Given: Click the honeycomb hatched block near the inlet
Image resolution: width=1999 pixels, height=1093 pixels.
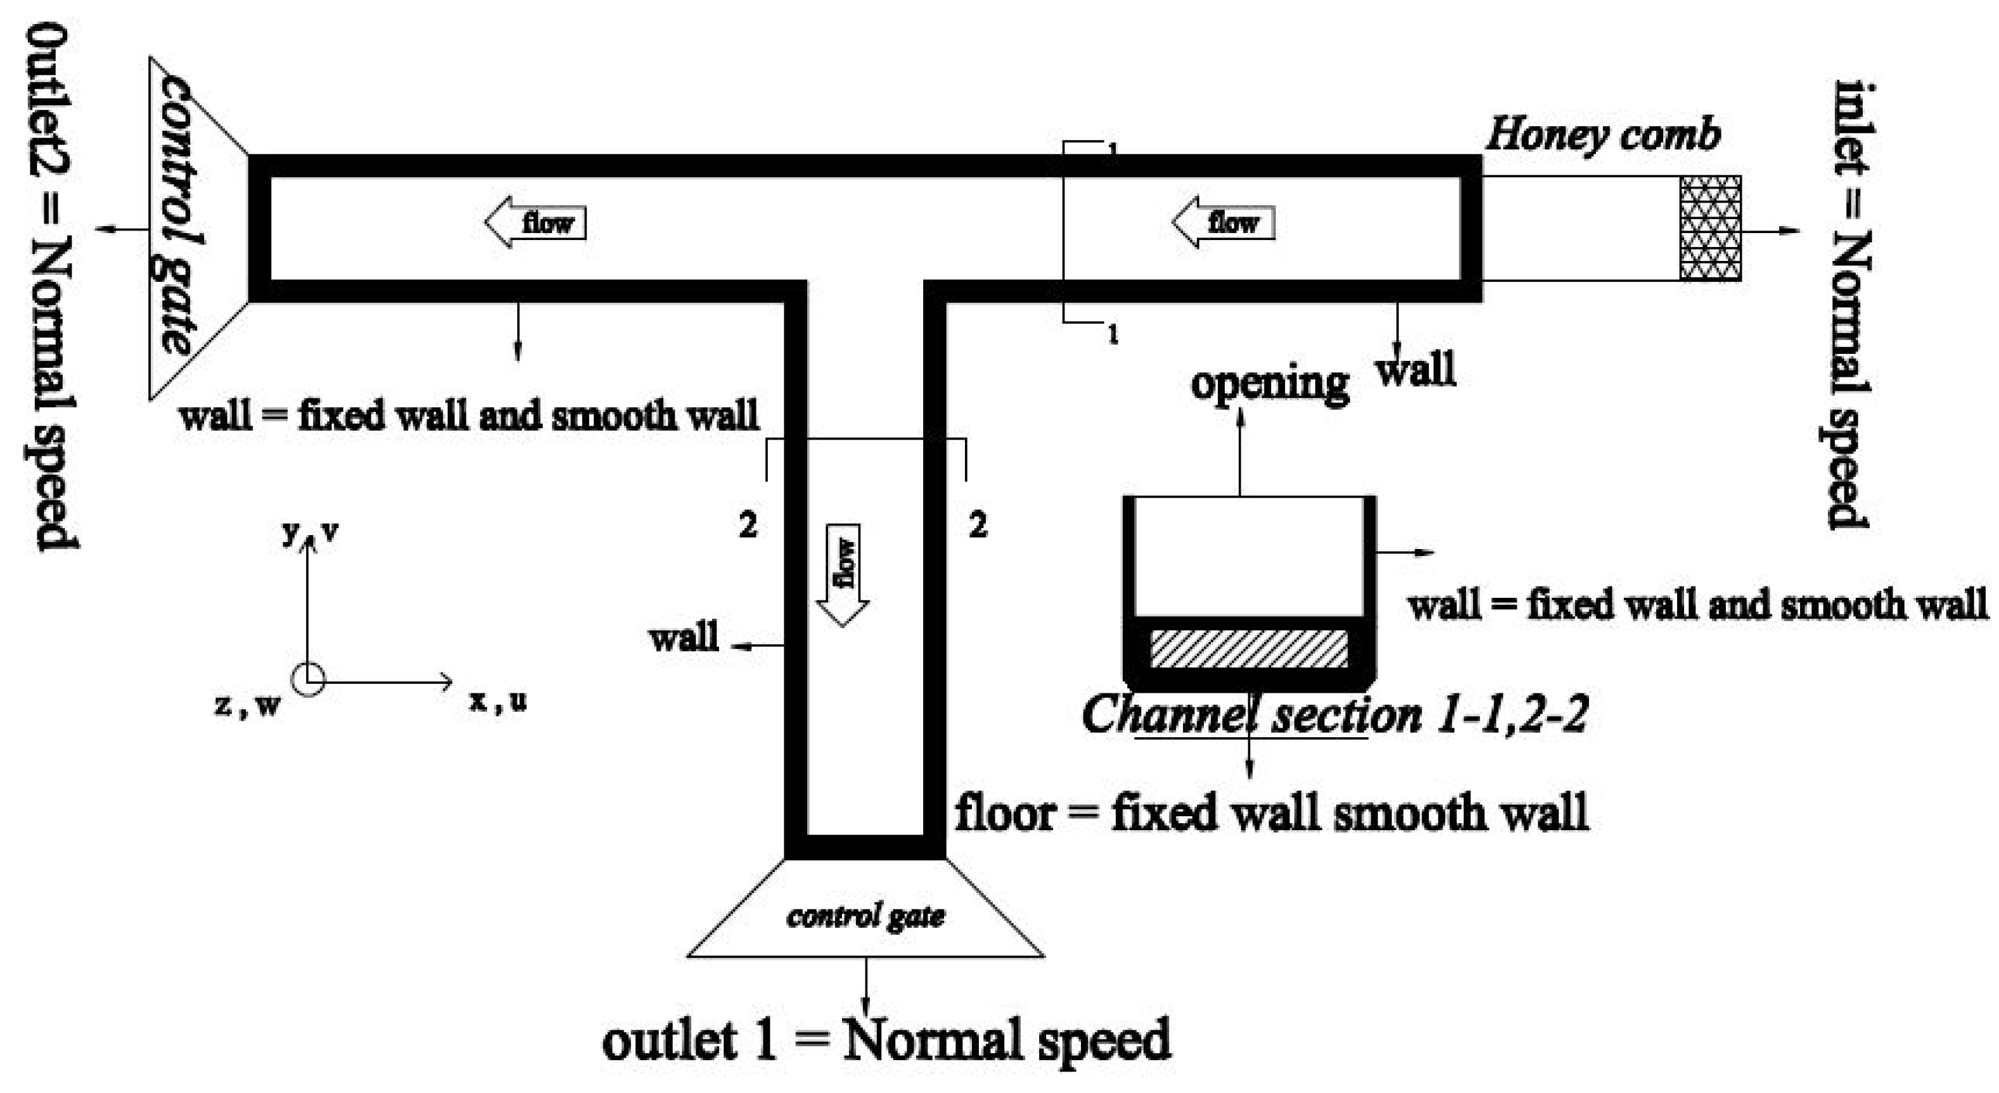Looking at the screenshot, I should pos(1709,228).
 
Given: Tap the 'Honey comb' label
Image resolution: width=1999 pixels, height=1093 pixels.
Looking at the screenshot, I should pos(1603,135).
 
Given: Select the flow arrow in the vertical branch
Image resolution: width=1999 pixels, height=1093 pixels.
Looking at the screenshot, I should pos(843,574).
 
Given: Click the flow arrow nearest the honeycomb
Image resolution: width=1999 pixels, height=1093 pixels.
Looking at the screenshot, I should pos(1223,223).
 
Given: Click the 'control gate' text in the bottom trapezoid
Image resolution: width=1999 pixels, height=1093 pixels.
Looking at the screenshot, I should pos(865,916).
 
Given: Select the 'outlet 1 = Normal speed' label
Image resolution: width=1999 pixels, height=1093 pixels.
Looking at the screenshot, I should pos(886,1040).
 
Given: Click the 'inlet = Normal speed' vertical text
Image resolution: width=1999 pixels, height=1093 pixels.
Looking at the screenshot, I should pos(1850,304).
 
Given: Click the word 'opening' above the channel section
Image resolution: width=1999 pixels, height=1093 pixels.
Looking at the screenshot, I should pos(1270,384).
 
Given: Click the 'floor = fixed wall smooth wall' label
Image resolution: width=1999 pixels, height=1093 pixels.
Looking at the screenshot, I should pos(1271,813).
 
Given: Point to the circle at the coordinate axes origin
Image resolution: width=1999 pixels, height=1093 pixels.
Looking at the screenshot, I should pos(308,680).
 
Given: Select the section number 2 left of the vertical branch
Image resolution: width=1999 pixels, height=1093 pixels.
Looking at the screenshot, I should pos(747,526).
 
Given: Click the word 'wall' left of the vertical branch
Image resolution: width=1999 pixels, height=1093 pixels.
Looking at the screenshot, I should pos(684,638).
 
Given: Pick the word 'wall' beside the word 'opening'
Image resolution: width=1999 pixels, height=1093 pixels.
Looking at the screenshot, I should pos(1416,370).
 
